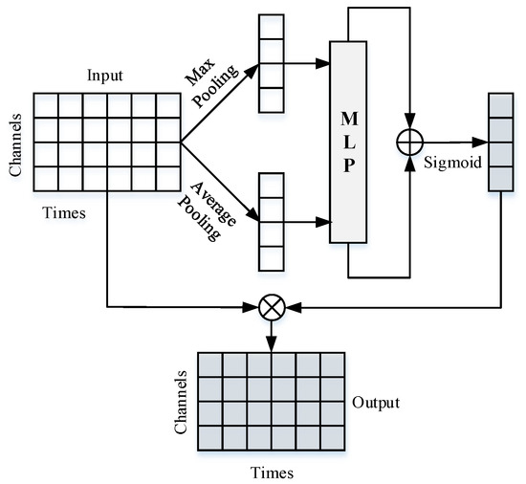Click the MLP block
(x=348, y=142)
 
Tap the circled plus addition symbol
(x=408, y=143)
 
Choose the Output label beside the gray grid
(x=377, y=402)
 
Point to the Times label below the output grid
(x=272, y=473)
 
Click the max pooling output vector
(x=272, y=66)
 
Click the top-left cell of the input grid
(x=47, y=105)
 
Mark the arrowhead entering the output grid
(x=272, y=344)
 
